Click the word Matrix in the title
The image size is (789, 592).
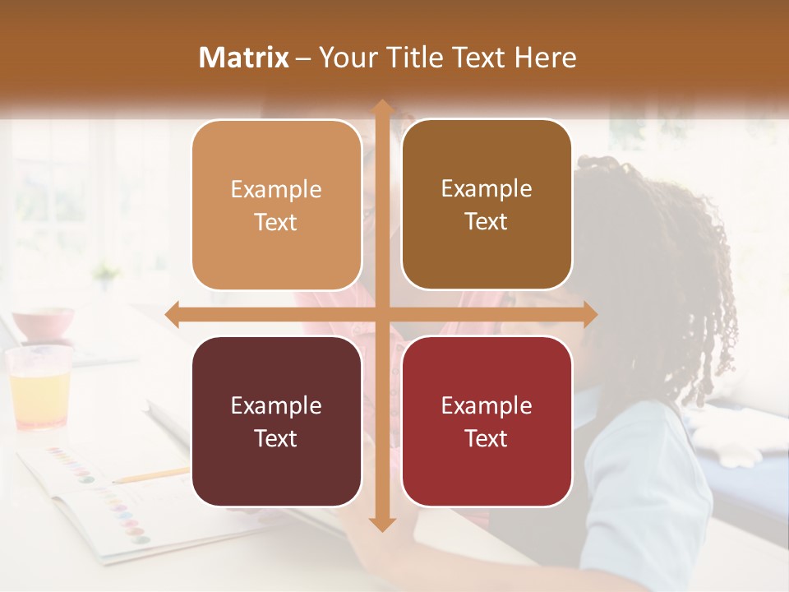[x=244, y=58]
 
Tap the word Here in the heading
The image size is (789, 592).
[x=546, y=58]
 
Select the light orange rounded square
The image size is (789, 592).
[x=276, y=206]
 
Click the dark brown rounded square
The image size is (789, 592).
[x=487, y=205]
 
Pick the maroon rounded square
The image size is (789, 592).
[x=276, y=422]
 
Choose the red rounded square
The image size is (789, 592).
[x=487, y=422]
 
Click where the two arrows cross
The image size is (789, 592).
[x=381, y=314]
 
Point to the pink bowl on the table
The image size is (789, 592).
[x=43, y=323]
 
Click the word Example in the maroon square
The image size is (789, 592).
[x=276, y=405]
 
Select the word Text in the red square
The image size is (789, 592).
[x=487, y=438]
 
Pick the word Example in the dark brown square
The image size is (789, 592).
[x=487, y=188]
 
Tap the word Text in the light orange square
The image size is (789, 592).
[x=276, y=222]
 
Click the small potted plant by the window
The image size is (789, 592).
[x=105, y=275]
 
